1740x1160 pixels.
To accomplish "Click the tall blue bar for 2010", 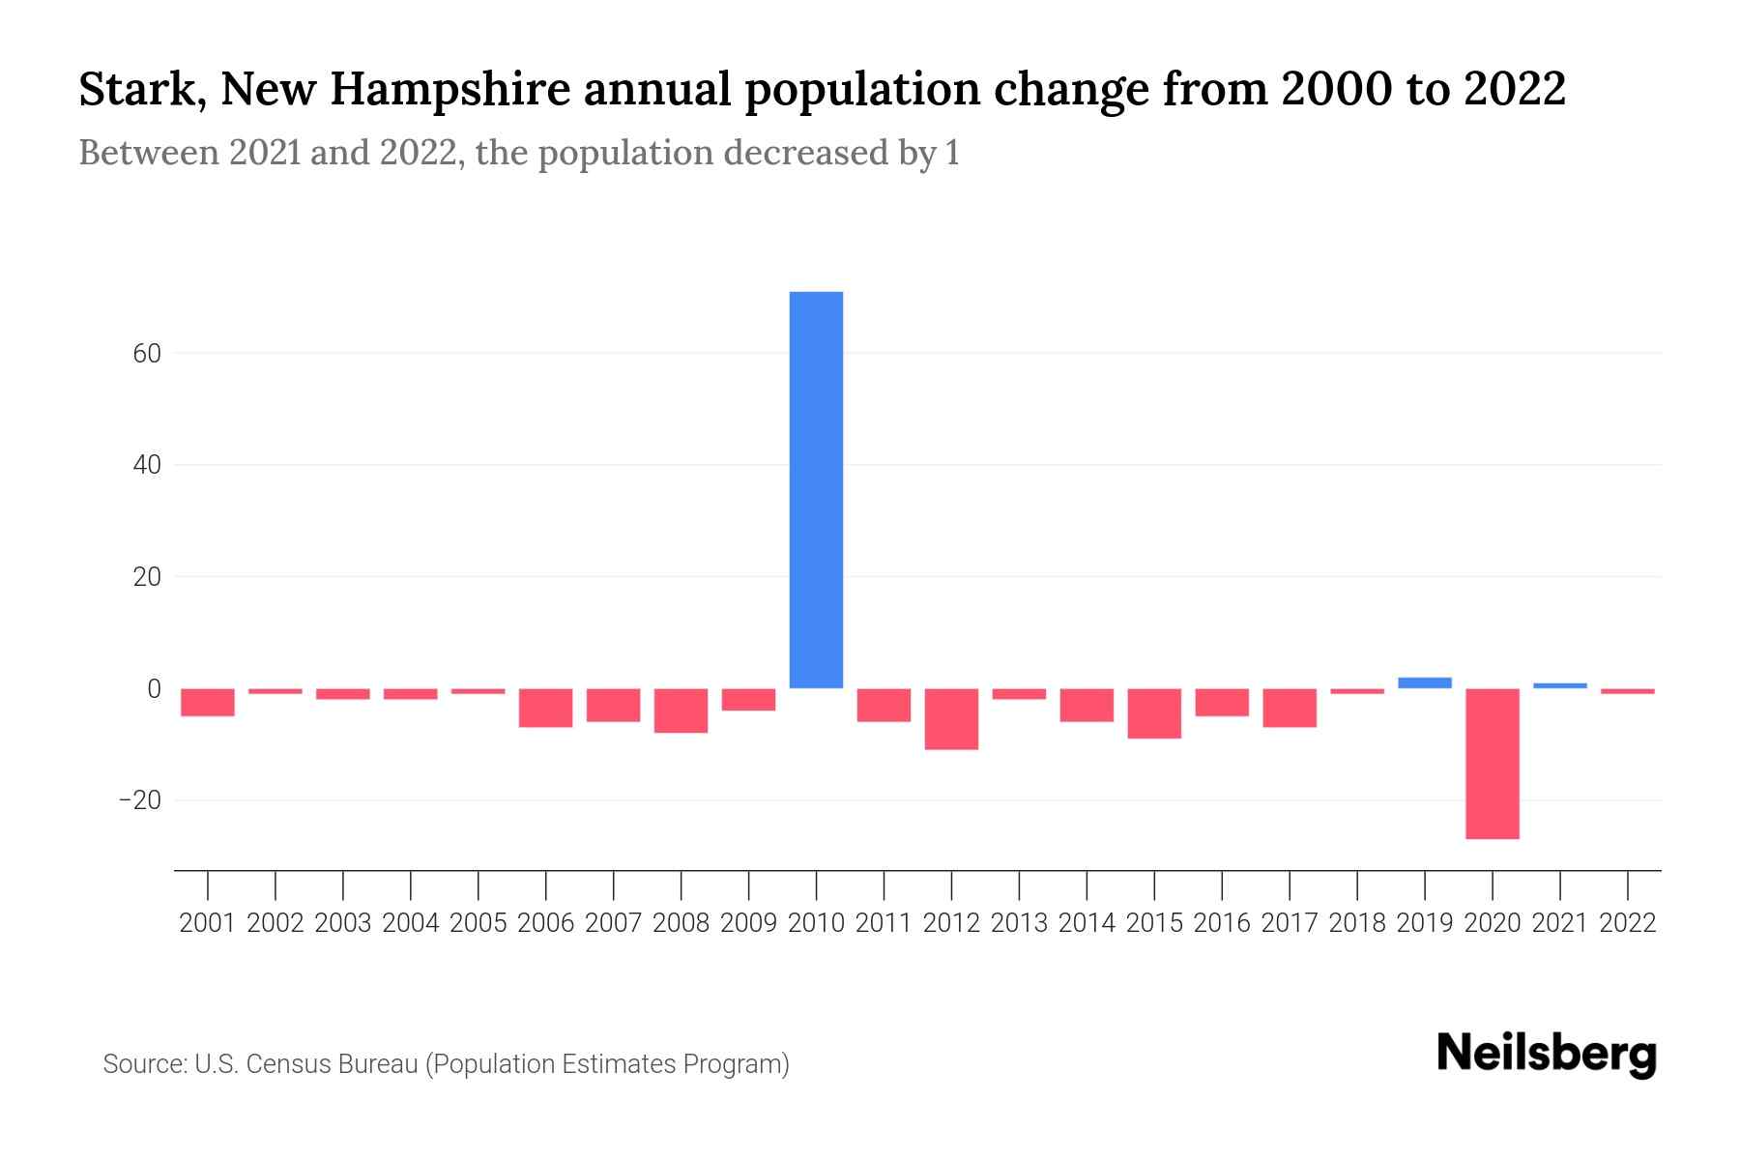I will click(x=816, y=489).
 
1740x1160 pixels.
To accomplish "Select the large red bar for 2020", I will click(x=1493, y=763).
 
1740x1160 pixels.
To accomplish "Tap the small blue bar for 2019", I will click(x=1425, y=682).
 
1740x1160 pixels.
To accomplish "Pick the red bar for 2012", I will click(x=951, y=719).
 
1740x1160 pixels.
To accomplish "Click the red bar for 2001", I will click(x=208, y=702).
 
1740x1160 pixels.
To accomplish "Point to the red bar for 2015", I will click(x=1154, y=713).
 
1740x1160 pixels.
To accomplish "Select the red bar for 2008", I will click(x=681, y=710).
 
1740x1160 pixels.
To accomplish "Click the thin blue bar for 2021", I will click(x=1560, y=685).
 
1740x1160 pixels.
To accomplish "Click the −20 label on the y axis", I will click(x=139, y=800).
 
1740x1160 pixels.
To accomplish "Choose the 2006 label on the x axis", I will click(x=546, y=923).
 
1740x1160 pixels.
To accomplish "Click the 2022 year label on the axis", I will click(x=1628, y=923).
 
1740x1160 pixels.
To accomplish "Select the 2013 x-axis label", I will click(x=1019, y=923).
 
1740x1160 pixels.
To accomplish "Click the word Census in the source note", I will click(x=289, y=1064).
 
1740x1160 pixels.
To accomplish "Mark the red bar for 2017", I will click(x=1290, y=708).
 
